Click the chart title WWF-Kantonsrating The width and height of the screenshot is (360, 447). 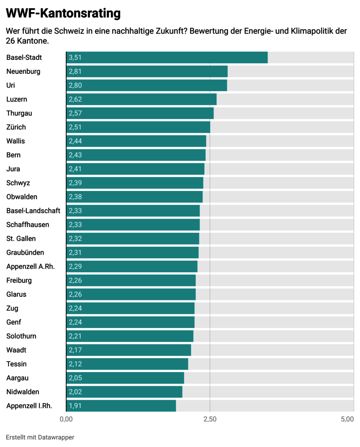coord(63,13)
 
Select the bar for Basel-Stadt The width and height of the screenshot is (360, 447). coord(167,58)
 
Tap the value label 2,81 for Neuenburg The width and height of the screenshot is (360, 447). coord(75,72)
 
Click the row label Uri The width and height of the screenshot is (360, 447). coord(11,85)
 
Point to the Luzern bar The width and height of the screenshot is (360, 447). coord(141,99)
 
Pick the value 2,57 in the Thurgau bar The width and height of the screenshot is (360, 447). coord(75,113)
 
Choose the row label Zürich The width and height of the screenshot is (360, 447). coord(16,127)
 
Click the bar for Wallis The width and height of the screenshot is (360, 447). coord(136,141)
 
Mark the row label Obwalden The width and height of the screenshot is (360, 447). coord(22,197)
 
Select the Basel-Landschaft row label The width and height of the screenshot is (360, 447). coord(33,211)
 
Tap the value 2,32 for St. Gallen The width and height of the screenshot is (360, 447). coord(75,239)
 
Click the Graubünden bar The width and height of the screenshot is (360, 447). coord(132,253)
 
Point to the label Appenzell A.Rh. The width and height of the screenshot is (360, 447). coord(30,266)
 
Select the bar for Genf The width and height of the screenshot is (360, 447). coord(131,322)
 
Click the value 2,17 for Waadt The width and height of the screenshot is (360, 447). coord(75,350)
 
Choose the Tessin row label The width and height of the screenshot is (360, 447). coord(16,364)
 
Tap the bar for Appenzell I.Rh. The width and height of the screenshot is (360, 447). coord(121,406)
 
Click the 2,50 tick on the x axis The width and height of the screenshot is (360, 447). coord(210,419)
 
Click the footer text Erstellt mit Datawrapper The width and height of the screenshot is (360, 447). coord(40,437)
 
